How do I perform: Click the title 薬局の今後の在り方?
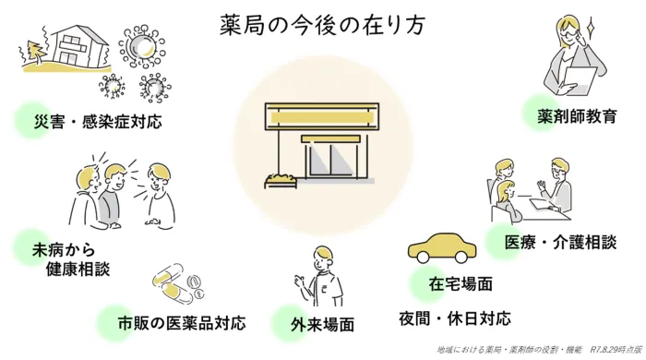tap(323, 25)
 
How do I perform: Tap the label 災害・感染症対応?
tap(98, 122)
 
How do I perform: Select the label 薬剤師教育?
tap(578, 117)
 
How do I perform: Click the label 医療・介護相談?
tap(560, 242)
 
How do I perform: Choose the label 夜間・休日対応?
tap(455, 319)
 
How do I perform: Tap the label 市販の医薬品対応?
tap(182, 324)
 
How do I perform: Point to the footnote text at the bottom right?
tap(538, 351)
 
